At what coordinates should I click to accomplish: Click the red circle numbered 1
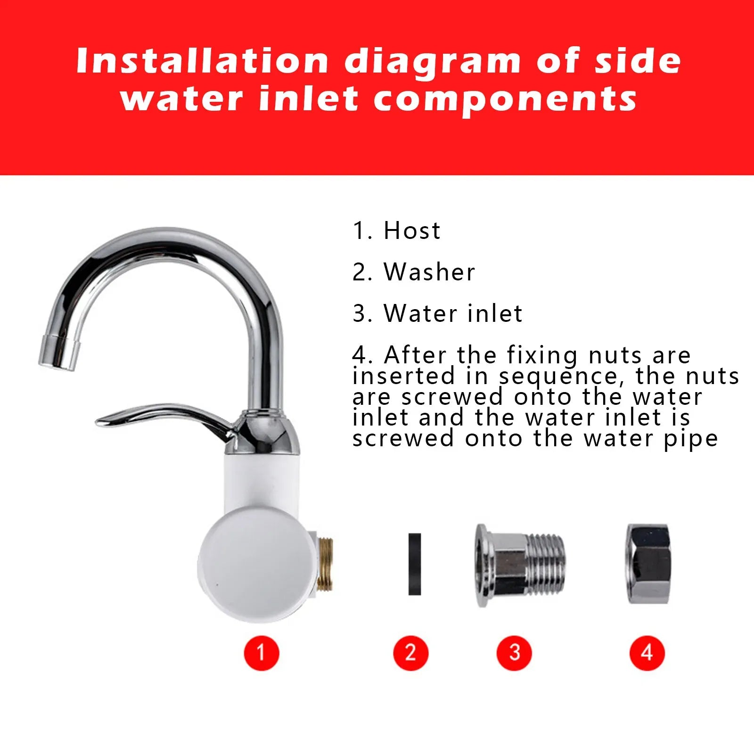point(262,653)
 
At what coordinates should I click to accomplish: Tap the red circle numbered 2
point(410,653)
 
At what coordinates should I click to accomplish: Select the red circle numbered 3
point(514,653)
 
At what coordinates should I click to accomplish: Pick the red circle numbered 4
point(647,653)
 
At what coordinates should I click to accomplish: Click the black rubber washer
point(415,564)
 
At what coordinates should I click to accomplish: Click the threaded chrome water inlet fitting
point(520,565)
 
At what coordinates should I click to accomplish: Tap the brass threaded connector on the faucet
point(324,564)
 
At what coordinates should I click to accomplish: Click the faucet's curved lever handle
point(165,418)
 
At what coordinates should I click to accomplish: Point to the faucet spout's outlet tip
point(58,352)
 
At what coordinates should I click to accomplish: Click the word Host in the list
point(412,230)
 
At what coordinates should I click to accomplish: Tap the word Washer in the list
point(430,272)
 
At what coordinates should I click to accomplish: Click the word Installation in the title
point(202,61)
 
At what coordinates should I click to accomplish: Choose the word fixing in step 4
point(542,356)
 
